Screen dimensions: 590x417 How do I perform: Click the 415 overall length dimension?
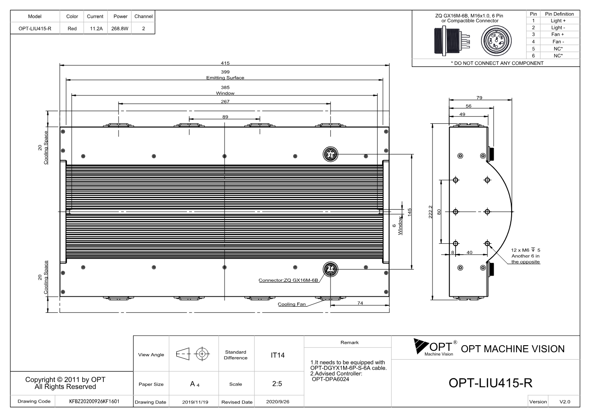tap(225, 63)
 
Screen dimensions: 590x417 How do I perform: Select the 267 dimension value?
tap(225, 102)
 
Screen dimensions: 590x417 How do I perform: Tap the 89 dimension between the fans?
tap(225, 117)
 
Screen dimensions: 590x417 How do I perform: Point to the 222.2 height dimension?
tap(430, 212)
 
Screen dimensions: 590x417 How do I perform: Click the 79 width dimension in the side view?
tap(479, 98)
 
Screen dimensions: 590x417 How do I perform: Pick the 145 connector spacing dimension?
tap(409, 212)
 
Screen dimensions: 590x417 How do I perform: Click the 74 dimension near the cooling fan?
tap(360, 303)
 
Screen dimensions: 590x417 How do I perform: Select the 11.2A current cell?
tap(96, 28)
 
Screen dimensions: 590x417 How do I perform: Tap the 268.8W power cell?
tap(119, 28)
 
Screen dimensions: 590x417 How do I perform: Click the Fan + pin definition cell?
tap(558, 35)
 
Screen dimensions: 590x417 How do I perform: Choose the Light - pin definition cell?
tap(558, 28)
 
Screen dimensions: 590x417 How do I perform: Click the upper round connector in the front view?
tap(330, 154)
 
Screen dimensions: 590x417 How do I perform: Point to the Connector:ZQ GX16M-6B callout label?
tap(288, 280)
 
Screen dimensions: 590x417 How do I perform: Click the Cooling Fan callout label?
tap(291, 304)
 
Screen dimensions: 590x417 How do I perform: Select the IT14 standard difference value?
tap(277, 355)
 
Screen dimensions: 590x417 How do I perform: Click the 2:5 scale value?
tap(277, 384)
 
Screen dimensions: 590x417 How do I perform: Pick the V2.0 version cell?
tap(565, 402)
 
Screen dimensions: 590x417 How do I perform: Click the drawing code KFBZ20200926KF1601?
tap(94, 401)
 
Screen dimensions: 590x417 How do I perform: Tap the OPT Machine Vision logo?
tap(435, 347)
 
